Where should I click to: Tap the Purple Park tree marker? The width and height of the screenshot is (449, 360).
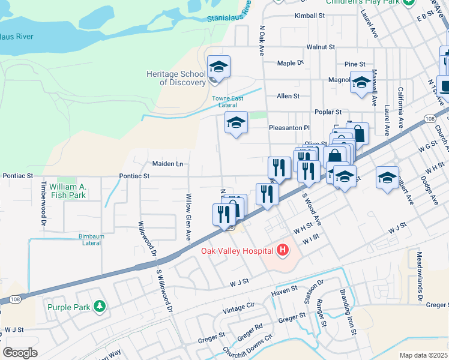pos(100,307)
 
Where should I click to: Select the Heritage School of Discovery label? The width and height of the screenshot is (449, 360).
pos(176,78)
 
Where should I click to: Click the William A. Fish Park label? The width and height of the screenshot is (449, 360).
pos(68,191)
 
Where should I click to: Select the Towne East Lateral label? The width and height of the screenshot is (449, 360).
pos(228,101)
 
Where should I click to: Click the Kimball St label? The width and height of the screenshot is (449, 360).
pos(310,16)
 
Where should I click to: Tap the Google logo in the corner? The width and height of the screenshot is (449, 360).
pos(20,353)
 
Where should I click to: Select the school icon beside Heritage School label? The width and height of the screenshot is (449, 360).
pos(218,68)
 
